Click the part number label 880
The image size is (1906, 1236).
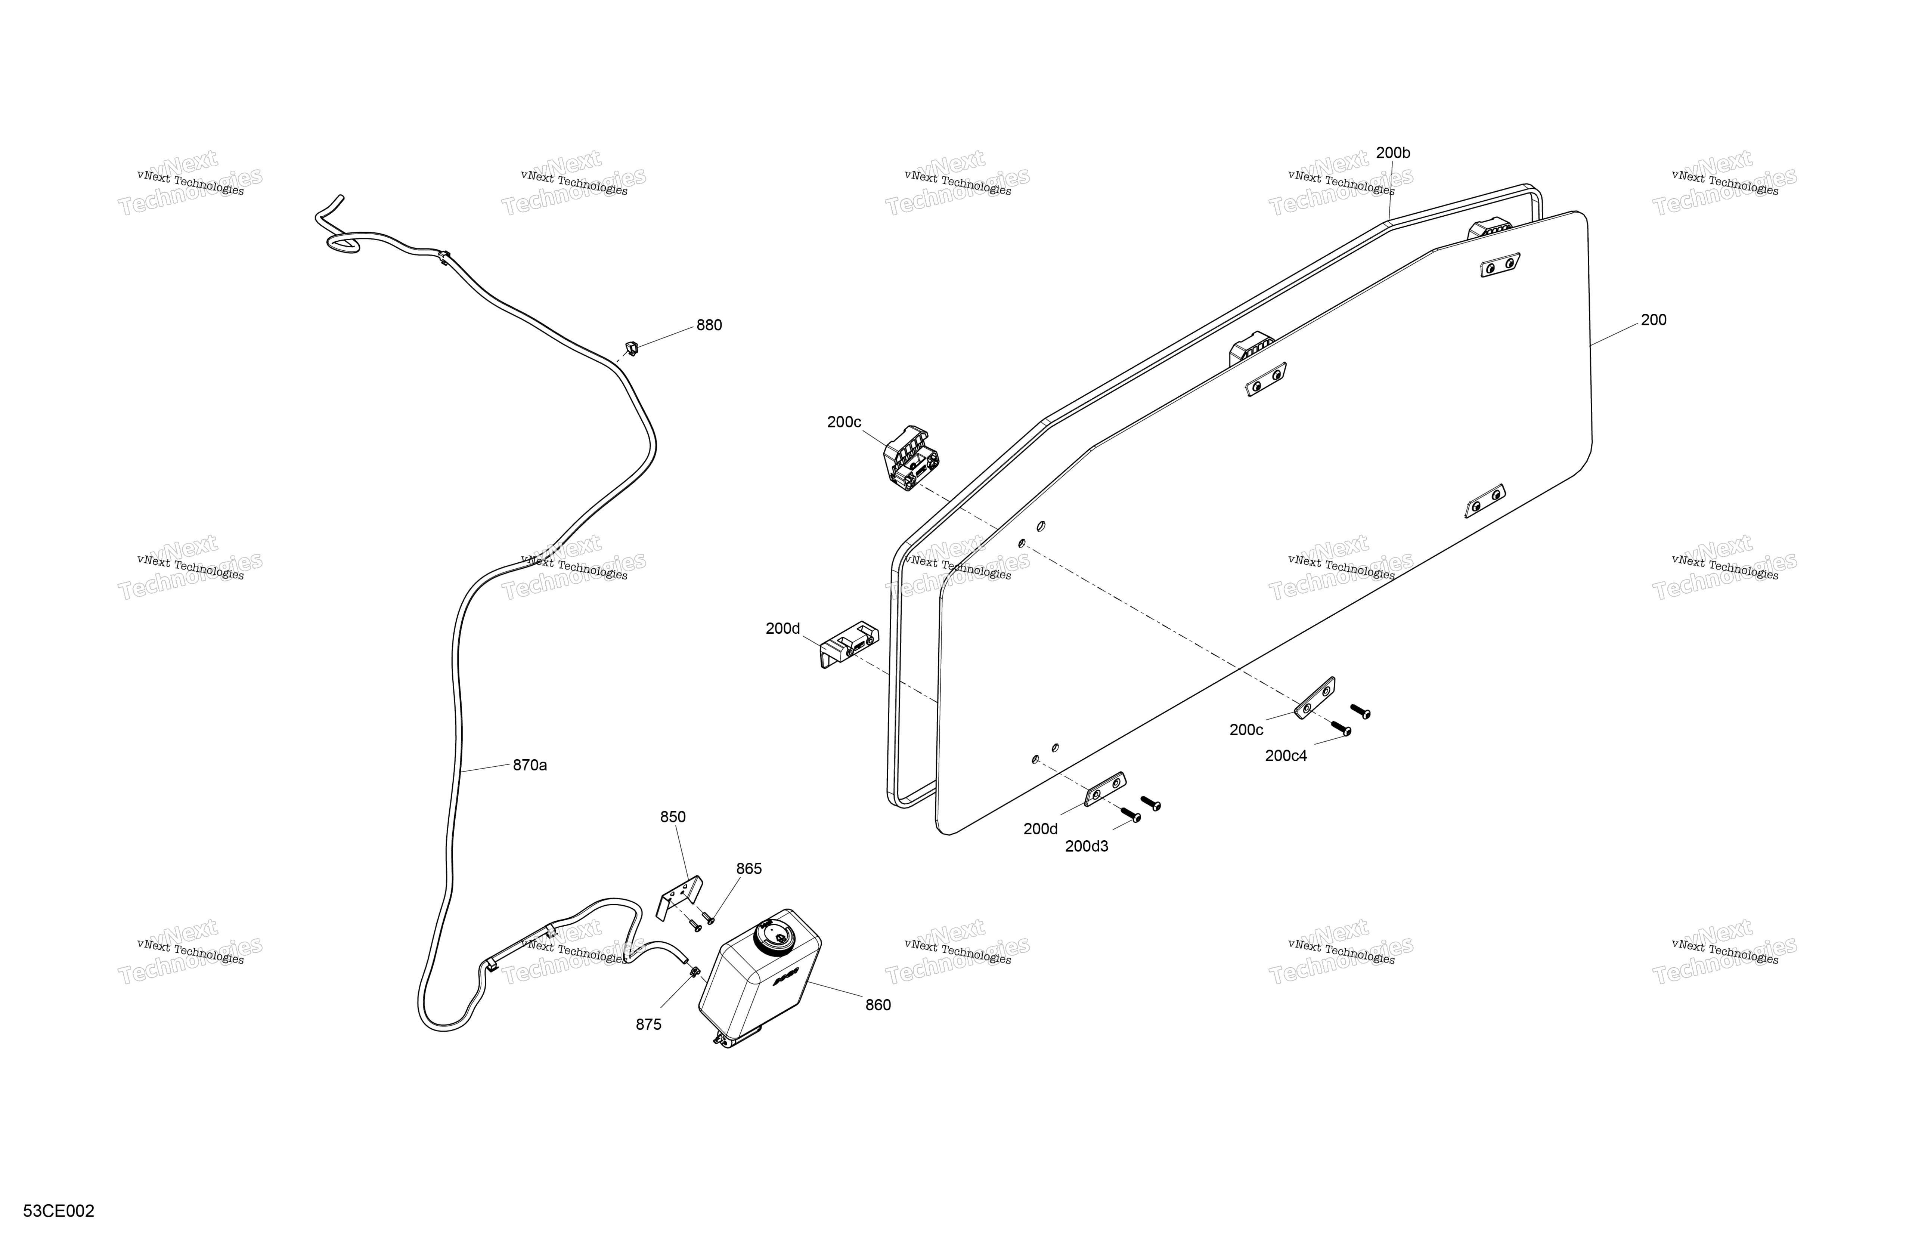coord(709,325)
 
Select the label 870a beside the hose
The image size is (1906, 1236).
coord(530,765)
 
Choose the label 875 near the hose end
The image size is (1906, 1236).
coord(649,1025)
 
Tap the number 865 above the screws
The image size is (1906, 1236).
coord(749,868)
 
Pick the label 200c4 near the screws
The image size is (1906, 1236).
coord(1286,755)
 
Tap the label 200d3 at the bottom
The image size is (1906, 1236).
coord(1087,846)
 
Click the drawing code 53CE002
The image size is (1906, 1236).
coord(59,1211)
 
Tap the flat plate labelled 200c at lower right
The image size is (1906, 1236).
coord(1315,698)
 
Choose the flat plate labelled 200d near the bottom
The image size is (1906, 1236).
coord(1105,789)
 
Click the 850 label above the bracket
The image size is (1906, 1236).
coord(673,817)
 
